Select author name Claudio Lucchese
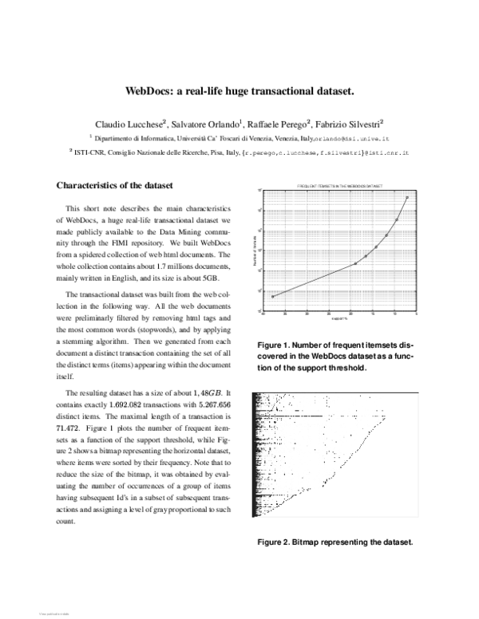tap(129, 124)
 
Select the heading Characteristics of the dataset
tap(114, 186)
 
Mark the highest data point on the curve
tap(407, 197)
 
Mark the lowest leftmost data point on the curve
tap(273, 296)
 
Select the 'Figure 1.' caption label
tap(275, 345)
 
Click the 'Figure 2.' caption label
tap(275, 542)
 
